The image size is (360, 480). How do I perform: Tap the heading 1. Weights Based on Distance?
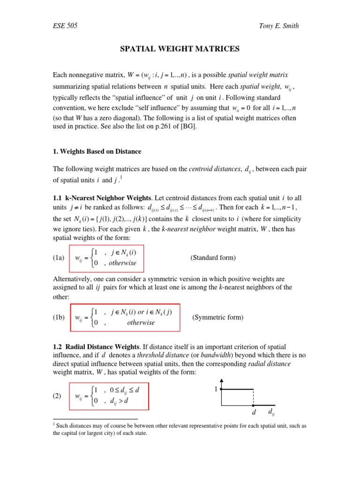coord(97,151)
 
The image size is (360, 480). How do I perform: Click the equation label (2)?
coord(58,396)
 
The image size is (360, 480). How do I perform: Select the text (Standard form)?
coord(213,258)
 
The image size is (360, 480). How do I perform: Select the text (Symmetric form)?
coord(217,317)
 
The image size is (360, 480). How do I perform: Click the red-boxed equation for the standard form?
coord(106,258)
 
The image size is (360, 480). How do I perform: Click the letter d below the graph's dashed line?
coord(254,413)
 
